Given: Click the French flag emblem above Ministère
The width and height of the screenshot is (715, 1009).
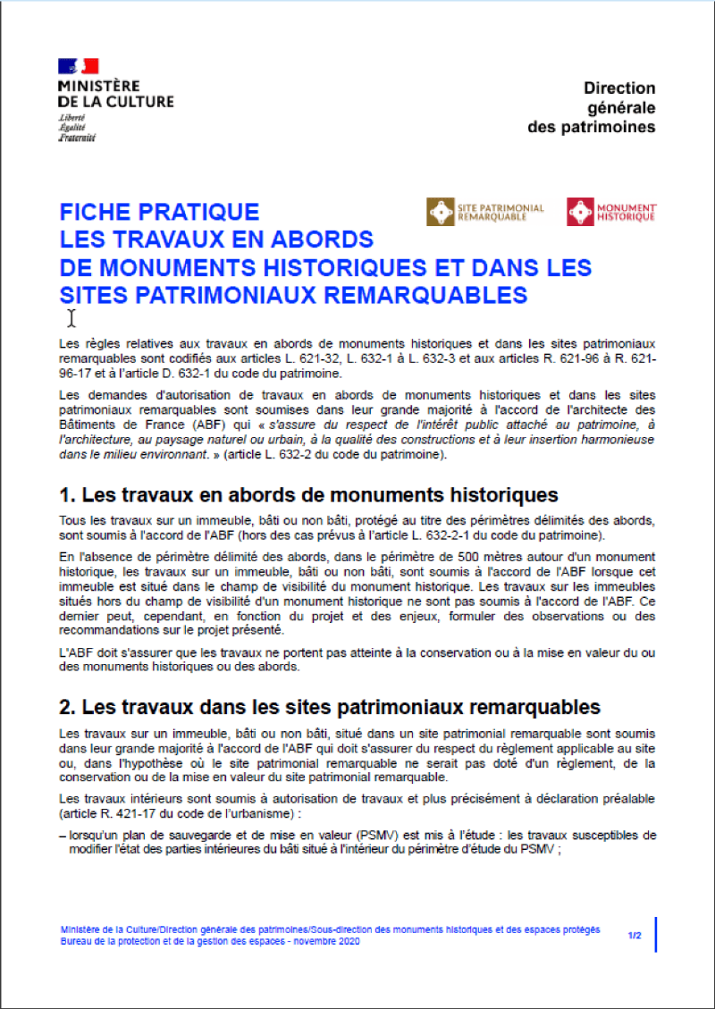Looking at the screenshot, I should pyautogui.click(x=79, y=66).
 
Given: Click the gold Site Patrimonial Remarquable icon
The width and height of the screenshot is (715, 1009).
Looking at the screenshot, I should pyautogui.click(x=442, y=212).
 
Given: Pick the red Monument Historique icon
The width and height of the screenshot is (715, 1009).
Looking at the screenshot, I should pyautogui.click(x=581, y=212).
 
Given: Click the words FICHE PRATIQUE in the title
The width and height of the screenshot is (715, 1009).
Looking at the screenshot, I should pyautogui.click(x=159, y=213).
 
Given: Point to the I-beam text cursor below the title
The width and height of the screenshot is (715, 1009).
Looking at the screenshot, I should pyautogui.click(x=71, y=318).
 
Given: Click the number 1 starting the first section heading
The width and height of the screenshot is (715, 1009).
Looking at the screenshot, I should pyautogui.click(x=64, y=496).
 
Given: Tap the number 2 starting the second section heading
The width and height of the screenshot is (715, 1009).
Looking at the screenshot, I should pyautogui.click(x=65, y=708).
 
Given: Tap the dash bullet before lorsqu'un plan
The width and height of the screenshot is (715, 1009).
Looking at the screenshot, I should pyautogui.click(x=62, y=835).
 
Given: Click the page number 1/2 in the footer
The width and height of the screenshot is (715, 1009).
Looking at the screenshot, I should pyautogui.click(x=635, y=936).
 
